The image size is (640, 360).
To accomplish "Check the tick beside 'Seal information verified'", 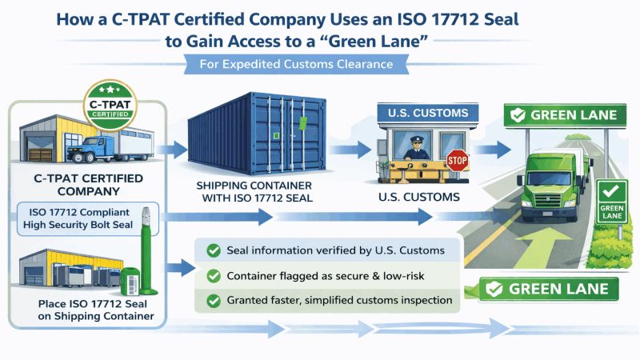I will [214, 250].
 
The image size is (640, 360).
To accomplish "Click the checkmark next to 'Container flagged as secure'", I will [214, 276].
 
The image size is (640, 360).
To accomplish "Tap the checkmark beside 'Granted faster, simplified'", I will [214, 302].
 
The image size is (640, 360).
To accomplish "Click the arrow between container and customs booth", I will [355, 148].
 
